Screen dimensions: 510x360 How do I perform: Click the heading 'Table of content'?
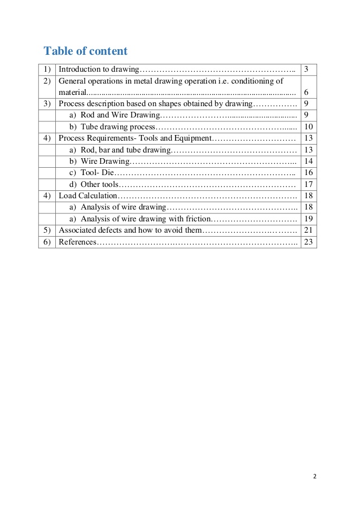[86, 51]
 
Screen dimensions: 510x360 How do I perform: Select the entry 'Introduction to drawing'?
[99, 69]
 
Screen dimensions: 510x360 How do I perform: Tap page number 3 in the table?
[306, 69]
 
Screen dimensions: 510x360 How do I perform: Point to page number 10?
[308, 127]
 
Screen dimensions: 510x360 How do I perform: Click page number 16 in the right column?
[308, 172]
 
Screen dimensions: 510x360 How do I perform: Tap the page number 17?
[308, 184]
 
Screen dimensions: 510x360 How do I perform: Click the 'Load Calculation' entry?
[88, 195]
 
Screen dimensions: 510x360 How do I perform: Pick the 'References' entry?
[78, 242]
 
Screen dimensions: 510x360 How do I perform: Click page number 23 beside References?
[308, 242]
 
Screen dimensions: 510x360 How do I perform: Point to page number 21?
[308, 230]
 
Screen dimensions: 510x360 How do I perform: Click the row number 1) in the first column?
[47, 69]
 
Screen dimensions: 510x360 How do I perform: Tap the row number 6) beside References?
[47, 242]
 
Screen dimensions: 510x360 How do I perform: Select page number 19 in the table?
[308, 219]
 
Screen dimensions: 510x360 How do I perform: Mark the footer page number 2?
[315, 476]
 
